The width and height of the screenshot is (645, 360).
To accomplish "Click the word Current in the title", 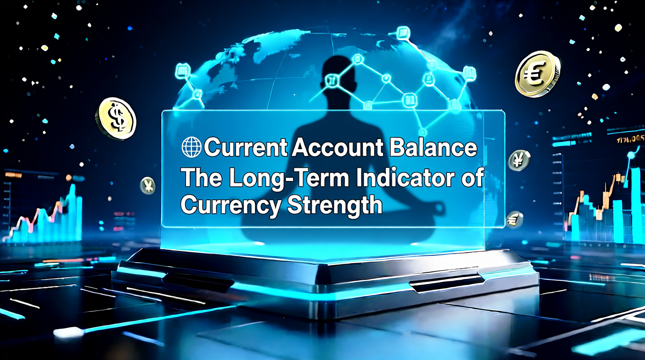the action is [x=246, y=147].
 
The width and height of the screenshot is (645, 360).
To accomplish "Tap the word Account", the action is [x=338, y=147].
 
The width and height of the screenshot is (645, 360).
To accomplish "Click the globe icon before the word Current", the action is [x=191, y=147].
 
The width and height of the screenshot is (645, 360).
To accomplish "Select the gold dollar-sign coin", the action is [x=116, y=118].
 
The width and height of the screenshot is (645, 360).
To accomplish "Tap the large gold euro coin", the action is [x=537, y=74].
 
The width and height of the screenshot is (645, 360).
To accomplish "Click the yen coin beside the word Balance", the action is [x=519, y=161].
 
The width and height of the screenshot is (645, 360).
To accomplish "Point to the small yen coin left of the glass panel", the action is [x=148, y=186].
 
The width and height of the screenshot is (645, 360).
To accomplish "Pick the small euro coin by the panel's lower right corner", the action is [x=514, y=220].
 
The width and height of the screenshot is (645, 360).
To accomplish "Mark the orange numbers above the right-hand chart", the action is [x=630, y=140].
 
